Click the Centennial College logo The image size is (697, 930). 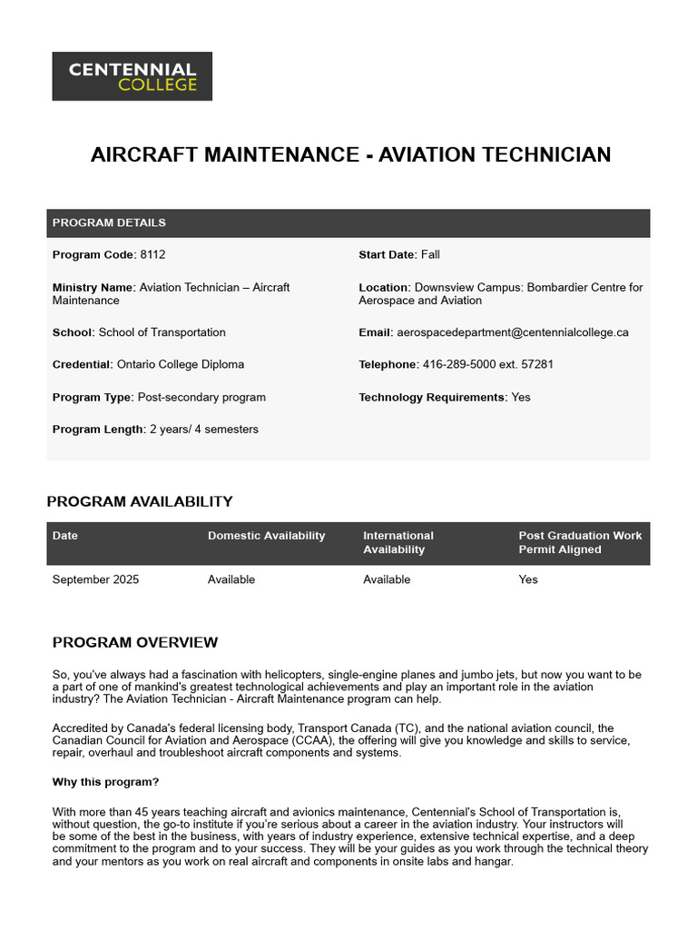[132, 75]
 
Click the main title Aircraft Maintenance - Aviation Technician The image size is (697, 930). [350, 154]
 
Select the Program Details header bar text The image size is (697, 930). [109, 223]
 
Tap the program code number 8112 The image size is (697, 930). [152, 255]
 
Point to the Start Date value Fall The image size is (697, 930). [430, 255]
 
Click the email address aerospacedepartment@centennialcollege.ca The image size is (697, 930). [512, 332]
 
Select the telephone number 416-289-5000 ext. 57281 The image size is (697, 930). [487, 364]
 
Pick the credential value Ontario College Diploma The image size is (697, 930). [181, 364]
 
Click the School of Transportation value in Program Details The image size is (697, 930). [162, 332]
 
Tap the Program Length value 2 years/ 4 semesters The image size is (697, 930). [203, 429]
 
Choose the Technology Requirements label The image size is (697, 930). [432, 397]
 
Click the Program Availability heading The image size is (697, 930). [140, 501]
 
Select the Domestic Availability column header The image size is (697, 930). [266, 536]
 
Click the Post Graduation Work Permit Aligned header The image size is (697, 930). [579, 542]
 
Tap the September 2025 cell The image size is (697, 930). [95, 579]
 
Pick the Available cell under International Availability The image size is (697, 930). [387, 579]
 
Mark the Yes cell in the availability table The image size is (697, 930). [528, 579]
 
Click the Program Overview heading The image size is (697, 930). [135, 643]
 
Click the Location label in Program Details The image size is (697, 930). [384, 288]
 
